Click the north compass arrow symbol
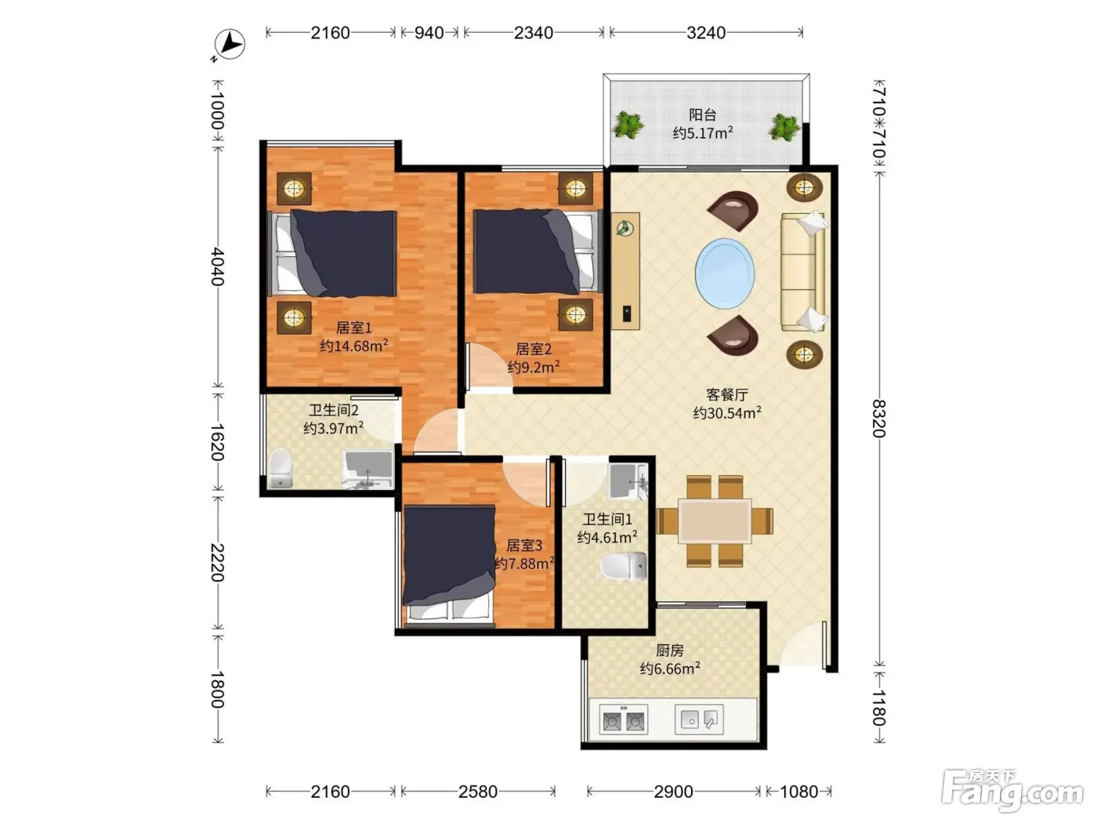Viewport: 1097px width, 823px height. (x=230, y=45)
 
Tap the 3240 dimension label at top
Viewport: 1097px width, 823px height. (x=706, y=33)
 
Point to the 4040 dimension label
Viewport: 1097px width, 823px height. (x=217, y=266)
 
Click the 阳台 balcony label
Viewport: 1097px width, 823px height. (x=702, y=115)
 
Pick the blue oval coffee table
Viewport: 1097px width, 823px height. (x=725, y=274)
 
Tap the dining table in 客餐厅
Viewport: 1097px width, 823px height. (x=715, y=520)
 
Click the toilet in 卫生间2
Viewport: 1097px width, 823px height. (x=281, y=468)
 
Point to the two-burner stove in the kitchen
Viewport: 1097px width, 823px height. (x=623, y=720)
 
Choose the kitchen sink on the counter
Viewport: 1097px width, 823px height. (x=699, y=719)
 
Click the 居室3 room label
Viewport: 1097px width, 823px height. (x=523, y=546)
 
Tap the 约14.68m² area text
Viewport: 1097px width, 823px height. (x=354, y=346)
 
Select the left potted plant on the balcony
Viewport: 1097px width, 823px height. (x=628, y=125)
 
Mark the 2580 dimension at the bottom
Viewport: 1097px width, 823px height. (x=478, y=792)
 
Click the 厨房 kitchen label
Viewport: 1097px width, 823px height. (x=669, y=650)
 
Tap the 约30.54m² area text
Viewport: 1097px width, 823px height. (x=726, y=413)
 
